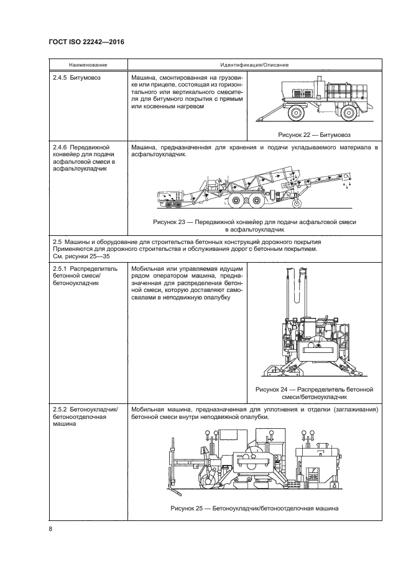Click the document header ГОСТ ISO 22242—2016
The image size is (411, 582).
point(86,41)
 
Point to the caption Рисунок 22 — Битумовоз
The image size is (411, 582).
point(313,134)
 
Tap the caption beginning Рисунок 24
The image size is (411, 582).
point(313,392)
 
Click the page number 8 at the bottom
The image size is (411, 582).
point(52,529)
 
